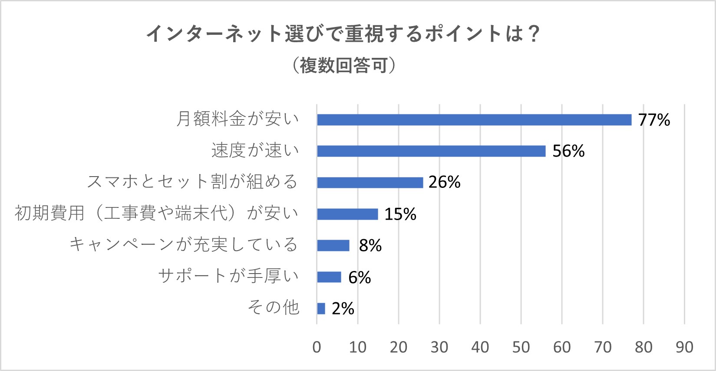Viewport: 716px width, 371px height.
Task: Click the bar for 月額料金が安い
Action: pos(474,120)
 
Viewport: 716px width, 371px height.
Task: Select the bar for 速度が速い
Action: pos(431,151)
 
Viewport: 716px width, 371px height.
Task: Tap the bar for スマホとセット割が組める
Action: pos(370,183)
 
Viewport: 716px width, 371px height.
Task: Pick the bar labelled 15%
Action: pos(347,214)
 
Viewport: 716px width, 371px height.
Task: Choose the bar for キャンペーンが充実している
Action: pos(333,246)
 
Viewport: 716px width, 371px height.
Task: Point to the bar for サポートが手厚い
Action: pos(329,277)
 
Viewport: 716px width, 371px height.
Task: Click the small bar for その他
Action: pos(321,308)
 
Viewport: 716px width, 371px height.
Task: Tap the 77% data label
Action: pos(654,120)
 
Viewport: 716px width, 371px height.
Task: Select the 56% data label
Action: pos(568,151)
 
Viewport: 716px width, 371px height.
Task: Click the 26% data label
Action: pos(444,182)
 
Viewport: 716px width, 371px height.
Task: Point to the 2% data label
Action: pos(343,308)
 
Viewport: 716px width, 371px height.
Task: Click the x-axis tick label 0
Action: pos(317,347)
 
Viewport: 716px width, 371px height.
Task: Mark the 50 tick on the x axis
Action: pos(521,347)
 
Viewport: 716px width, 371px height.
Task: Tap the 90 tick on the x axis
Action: pos(684,347)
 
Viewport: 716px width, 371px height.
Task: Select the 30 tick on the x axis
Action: pos(439,347)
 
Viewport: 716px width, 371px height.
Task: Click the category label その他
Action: pos(274,307)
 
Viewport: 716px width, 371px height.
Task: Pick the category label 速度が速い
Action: pos(255,150)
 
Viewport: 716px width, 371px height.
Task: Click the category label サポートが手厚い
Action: pos(229,276)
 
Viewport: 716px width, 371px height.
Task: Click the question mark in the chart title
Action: pos(534,34)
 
